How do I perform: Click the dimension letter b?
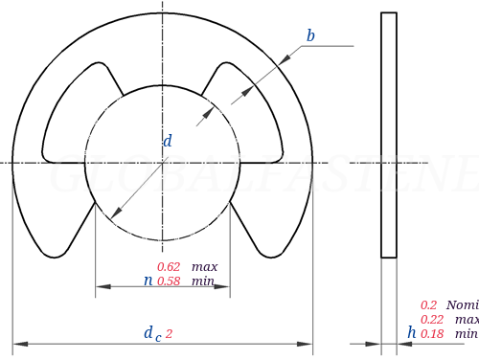coord(310,36)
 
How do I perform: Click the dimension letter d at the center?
coord(168,141)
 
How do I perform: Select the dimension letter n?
coord(147,281)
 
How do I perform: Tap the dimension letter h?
coord(411,332)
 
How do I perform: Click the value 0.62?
coord(169,266)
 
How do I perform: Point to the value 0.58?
coord(169,281)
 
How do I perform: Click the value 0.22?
coord(432,319)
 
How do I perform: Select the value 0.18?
coord(432,333)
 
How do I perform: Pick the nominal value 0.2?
coord(428,304)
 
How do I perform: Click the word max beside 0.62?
coord(204,266)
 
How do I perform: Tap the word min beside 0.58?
coord(202,281)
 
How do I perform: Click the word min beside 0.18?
coord(466,333)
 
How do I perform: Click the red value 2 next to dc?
coord(170,333)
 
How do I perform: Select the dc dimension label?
coord(152,333)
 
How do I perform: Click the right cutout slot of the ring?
coord(252,115)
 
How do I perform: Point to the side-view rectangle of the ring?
coord(389,134)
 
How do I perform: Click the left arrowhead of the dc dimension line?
coord(19,343)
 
